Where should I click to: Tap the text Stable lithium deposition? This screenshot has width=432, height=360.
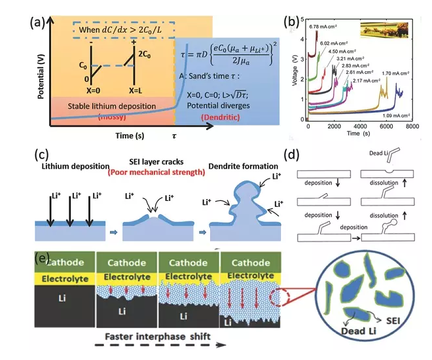coord(107,105)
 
